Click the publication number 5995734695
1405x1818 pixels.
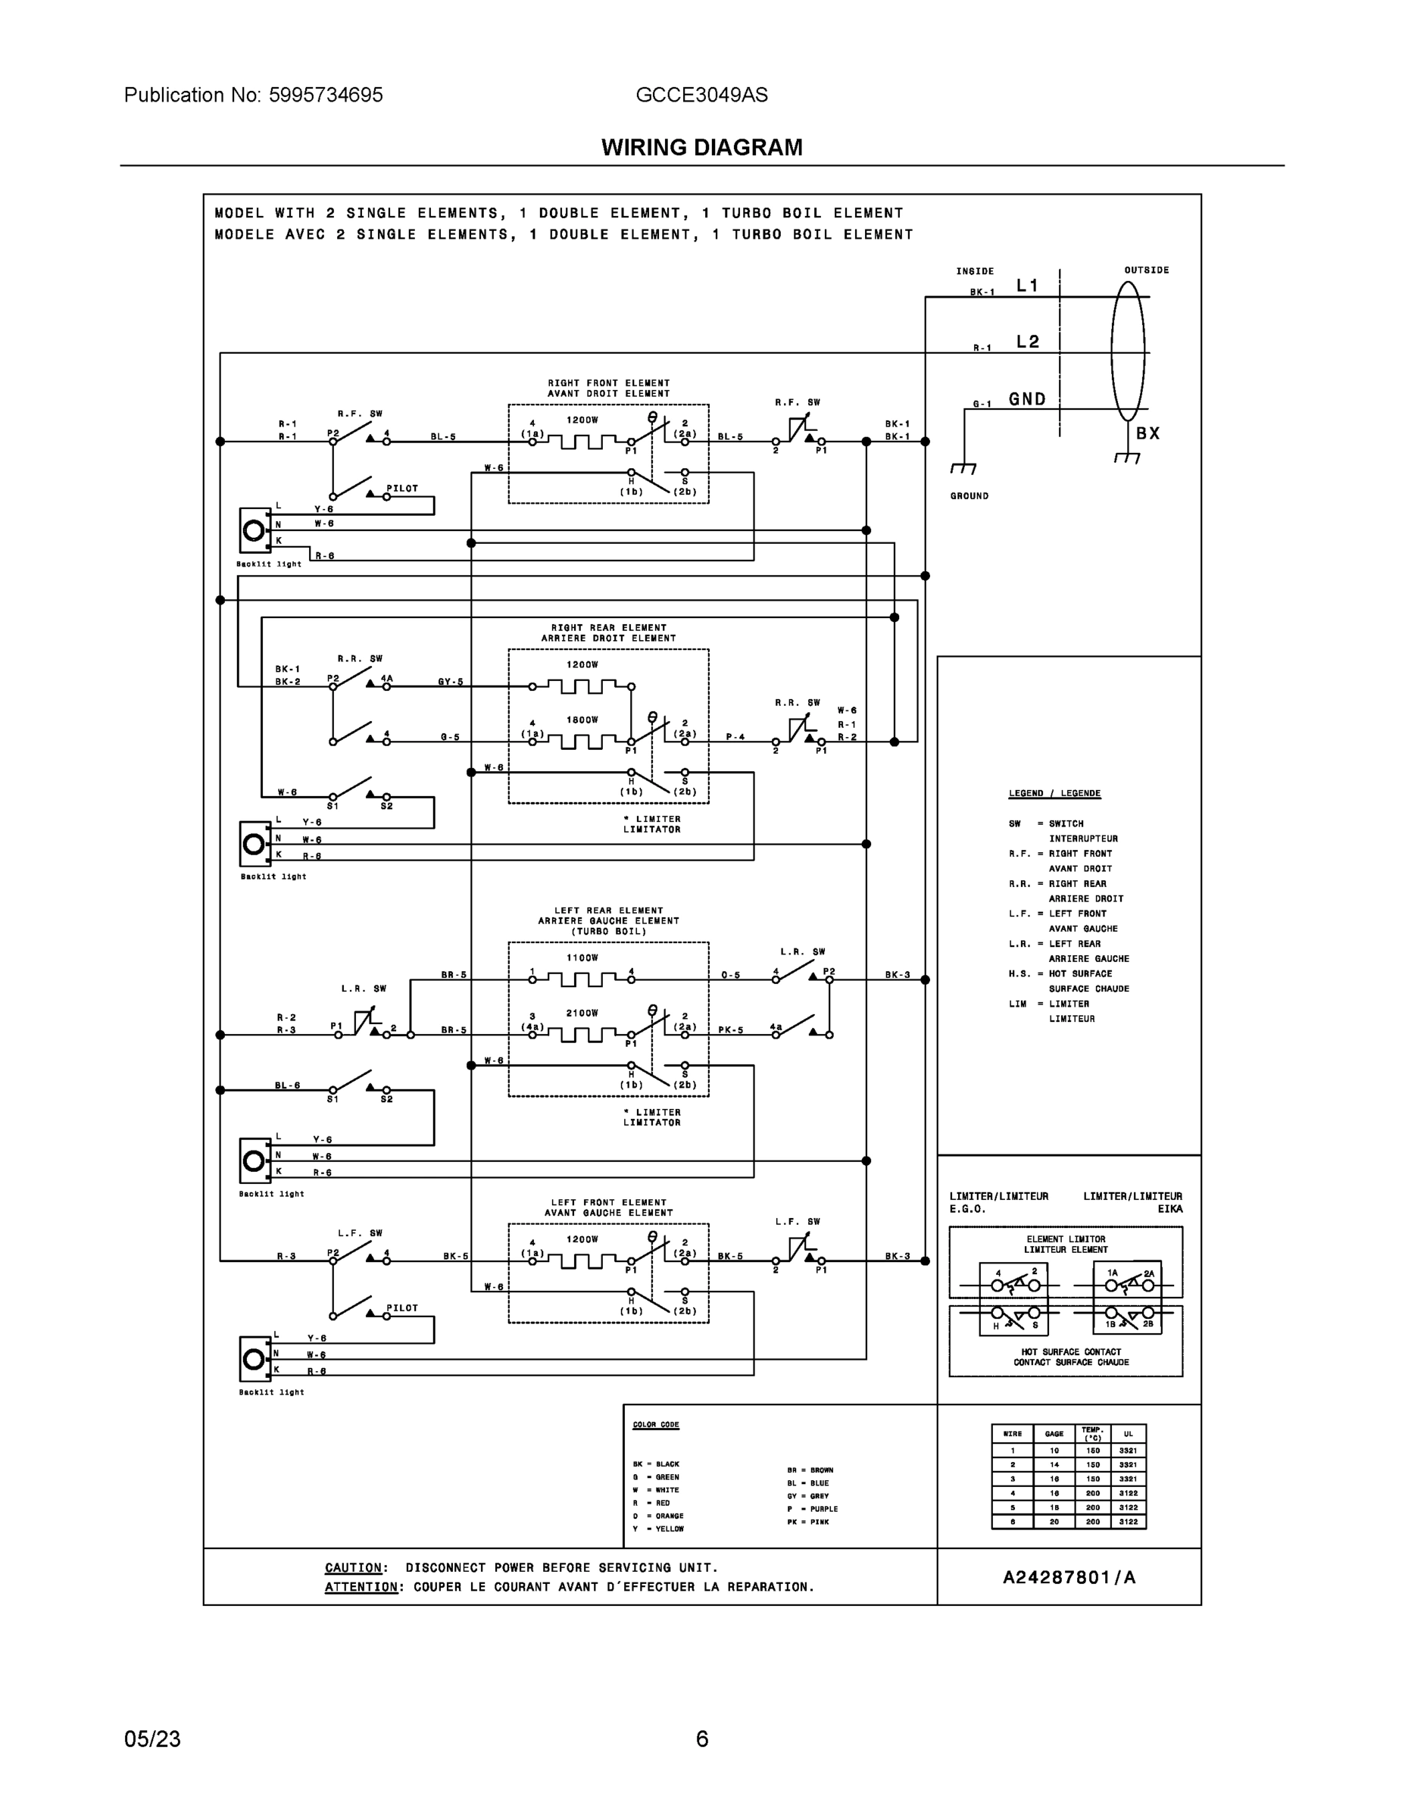coord(326,95)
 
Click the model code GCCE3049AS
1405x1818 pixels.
coord(701,95)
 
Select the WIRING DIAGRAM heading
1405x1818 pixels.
coord(701,148)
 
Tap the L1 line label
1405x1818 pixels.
coord(1028,286)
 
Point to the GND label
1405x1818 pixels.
coord(1027,399)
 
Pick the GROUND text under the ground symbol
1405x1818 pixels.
coord(969,496)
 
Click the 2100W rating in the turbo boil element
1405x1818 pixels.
coord(582,1013)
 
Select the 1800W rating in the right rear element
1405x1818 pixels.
coord(582,720)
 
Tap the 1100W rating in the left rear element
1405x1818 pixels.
coord(582,958)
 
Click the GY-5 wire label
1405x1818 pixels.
coord(451,682)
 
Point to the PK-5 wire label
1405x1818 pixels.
coord(730,1029)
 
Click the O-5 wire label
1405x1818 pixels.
coord(730,975)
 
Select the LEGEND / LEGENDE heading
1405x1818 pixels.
coord(1054,793)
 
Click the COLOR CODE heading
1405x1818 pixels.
coord(656,1424)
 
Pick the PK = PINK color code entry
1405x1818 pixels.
coord(807,1522)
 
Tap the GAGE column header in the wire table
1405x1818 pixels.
coord(1054,1433)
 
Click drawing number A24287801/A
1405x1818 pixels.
coord(1069,1577)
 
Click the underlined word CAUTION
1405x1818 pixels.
coord(354,1567)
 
